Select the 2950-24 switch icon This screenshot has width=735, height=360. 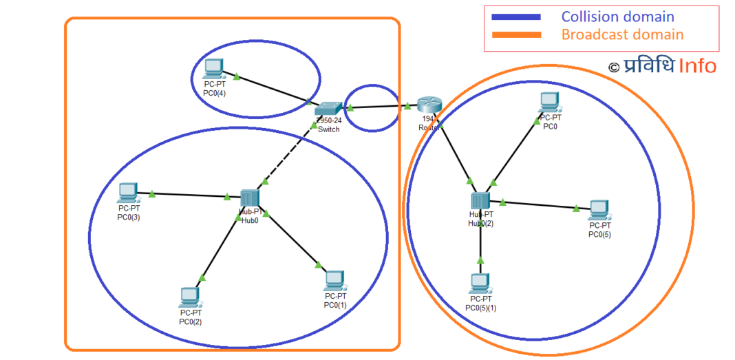(328, 108)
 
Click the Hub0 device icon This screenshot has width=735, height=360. (248, 198)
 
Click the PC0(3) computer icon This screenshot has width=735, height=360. (128, 193)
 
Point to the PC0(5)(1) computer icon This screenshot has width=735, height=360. (480, 283)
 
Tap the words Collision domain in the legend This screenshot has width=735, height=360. (617, 17)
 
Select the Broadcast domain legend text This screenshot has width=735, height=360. (622, 34)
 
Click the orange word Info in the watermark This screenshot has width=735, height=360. (697, 66)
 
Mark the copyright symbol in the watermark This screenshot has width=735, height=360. (614, 67)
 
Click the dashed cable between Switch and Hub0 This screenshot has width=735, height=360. (284, 159)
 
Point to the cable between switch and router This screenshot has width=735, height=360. (379, 107)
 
